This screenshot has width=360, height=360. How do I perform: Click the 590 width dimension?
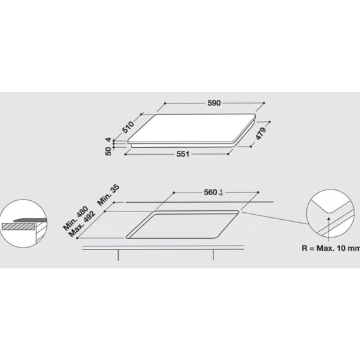coord(215,102)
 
